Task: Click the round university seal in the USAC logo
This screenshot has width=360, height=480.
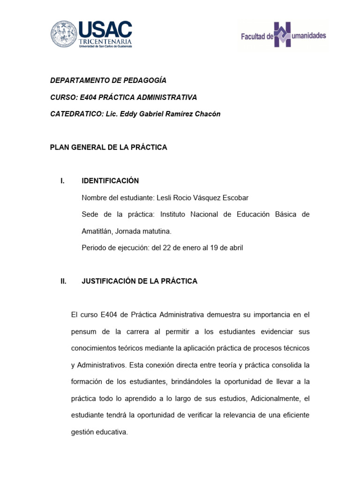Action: click(64, 34)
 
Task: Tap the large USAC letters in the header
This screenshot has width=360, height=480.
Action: click(105, 30)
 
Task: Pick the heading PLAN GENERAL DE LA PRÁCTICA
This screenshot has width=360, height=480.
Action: click(108, 147)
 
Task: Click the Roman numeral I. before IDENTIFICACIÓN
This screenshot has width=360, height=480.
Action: click(62, 181)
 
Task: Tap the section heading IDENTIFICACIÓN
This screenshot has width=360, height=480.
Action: click(110, 181)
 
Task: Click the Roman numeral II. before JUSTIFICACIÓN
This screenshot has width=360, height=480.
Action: click(63, 281)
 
